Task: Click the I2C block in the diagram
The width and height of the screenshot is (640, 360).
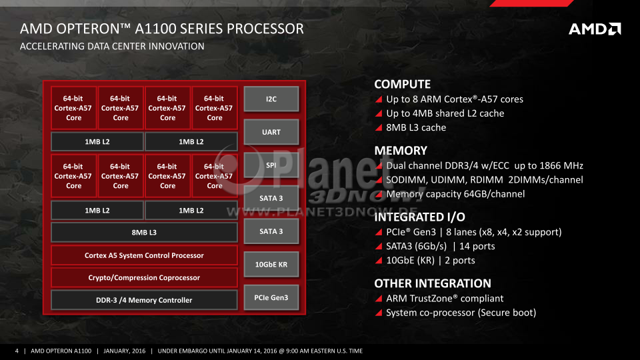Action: [x=271, y=99]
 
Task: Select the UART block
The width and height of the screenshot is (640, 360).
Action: [x=271, y=132]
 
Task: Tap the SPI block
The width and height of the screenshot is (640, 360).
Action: [x=271, y=165]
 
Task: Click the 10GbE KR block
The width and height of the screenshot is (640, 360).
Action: [x=271, y=264]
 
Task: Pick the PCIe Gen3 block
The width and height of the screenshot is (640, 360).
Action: [x=271, y=297]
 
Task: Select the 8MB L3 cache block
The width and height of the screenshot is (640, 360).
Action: [x=144, y=232]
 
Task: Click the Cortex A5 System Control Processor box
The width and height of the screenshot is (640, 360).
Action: [x=144, y=255]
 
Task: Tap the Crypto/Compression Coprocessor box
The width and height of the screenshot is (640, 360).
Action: [x=144, y=277]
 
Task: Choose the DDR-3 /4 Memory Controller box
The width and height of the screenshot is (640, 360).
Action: [x=144, y=300]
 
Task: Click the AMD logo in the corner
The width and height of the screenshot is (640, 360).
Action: [x=595, y=29]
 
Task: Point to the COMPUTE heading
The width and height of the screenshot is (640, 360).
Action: [x=403, y=84]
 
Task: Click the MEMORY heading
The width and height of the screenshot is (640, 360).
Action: [x=401, y=151]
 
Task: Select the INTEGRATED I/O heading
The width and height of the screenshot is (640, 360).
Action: [x=419, y=217]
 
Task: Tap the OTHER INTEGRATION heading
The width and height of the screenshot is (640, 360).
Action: [x=433, y=283]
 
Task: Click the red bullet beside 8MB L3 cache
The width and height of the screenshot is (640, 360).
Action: [x=379, y=128]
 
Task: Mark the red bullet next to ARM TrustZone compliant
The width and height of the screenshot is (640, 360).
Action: [x=379, y=299]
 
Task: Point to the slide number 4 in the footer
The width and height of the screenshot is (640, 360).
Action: [x=17, y=351]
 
